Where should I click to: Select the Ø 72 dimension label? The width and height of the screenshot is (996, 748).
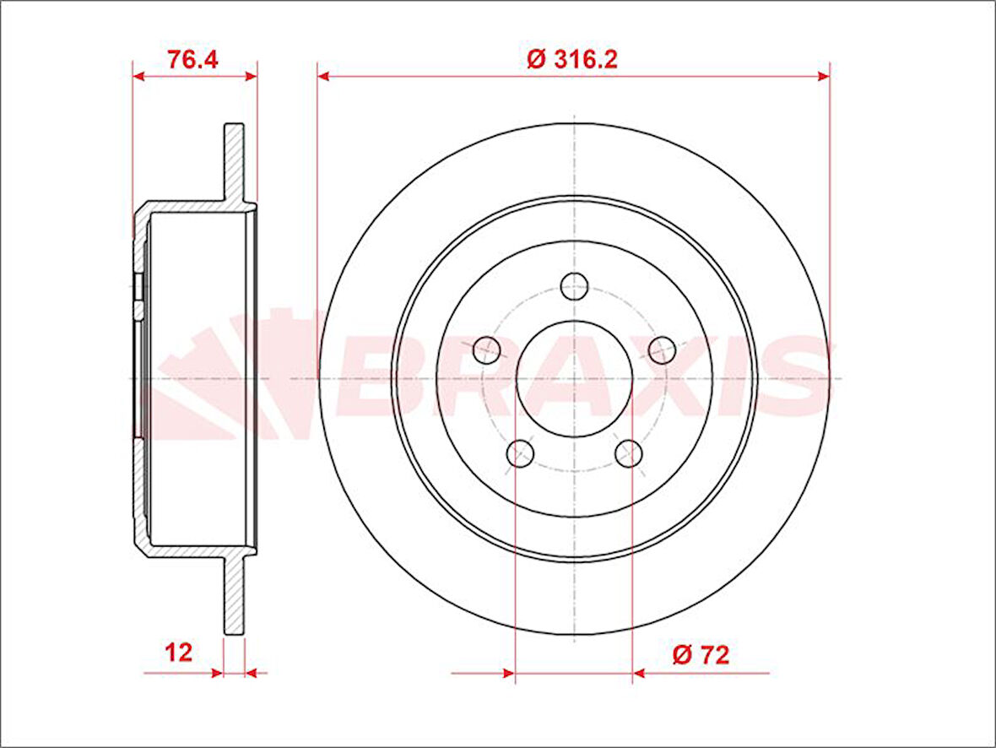point(701,654)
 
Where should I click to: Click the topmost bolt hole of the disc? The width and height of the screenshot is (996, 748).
point(575,286)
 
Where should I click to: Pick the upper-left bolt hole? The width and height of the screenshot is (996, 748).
point(486,348)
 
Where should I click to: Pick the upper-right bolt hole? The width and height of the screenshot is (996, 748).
point(662,349)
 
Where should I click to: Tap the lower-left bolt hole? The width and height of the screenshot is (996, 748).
point(520,453)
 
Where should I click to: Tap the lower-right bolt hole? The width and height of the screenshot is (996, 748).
point(629,453)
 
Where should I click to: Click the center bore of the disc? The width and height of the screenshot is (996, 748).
point(574,378)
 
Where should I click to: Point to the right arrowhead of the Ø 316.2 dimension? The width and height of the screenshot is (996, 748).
point(824,77)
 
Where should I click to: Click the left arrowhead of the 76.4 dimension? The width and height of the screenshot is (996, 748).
point(139,76)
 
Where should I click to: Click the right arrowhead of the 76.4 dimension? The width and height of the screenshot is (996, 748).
point(251,76)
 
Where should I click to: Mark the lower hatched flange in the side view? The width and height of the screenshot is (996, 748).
point(234,595)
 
